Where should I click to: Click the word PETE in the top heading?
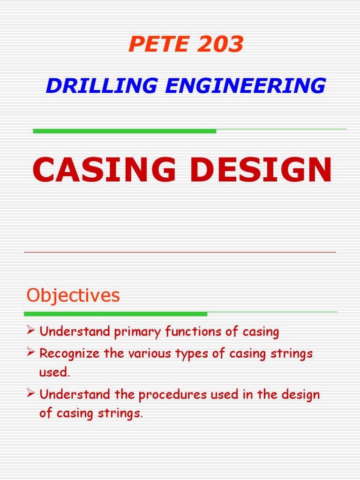[154, 45]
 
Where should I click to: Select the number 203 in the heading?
[220, 45]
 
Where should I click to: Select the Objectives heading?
[73, 295]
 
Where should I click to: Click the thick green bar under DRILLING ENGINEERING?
[124, 131]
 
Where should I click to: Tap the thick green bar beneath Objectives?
[115, 314]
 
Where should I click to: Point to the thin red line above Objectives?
[180, 252]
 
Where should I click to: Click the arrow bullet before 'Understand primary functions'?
[31, 332]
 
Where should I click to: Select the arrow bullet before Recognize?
[31, 353]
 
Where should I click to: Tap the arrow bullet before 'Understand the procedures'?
[31, 394]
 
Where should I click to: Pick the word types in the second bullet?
[194, 354]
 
